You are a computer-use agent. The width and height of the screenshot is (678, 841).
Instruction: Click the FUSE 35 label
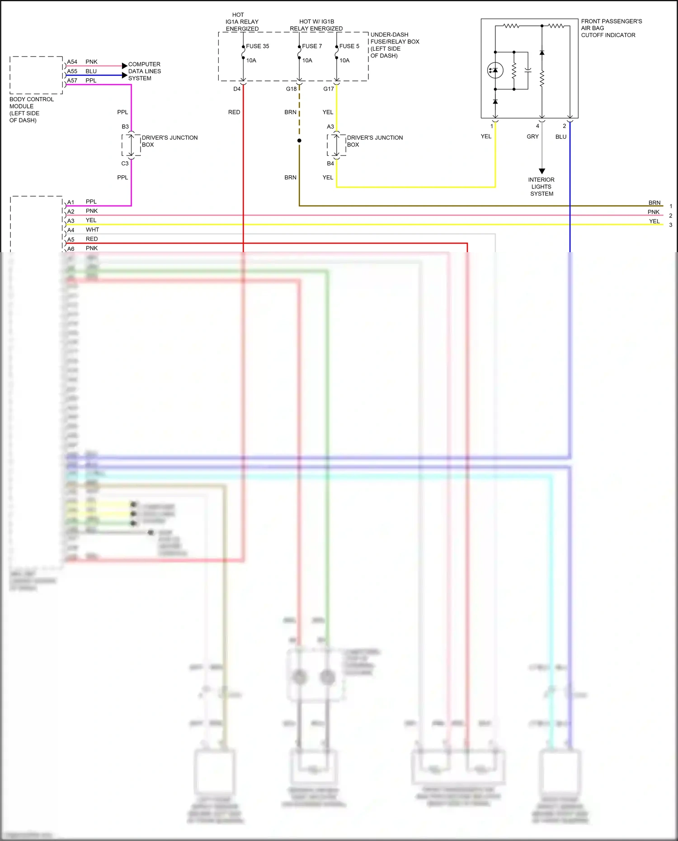point(257,46)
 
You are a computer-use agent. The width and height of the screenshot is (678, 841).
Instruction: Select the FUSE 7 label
point(312,46)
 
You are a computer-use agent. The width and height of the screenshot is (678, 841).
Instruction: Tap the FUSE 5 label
point(349,46)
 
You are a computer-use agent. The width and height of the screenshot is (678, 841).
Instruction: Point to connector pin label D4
point(237,89)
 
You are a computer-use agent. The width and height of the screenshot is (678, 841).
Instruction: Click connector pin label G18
point(291,89)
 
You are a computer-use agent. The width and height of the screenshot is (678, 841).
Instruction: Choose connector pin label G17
point(329,89)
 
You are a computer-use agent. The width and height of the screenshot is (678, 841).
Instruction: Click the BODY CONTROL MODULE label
point(31,109)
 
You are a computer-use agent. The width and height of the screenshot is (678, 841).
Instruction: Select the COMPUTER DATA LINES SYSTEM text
point(144,71)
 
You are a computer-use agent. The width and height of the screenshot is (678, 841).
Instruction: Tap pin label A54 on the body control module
point(72,62)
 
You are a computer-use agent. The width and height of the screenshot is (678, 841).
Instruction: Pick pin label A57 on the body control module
point(72,81)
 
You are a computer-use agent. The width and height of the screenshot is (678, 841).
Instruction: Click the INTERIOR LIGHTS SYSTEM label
point(541,187)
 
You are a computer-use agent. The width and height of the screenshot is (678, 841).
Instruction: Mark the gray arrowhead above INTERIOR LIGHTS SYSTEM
point(542,171)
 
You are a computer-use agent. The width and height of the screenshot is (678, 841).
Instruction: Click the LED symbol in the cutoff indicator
point(495,70)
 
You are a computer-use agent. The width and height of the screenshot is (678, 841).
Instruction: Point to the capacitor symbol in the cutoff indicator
point(528,70)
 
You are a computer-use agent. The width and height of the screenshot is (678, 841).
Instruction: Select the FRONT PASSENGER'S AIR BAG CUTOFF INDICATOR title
point(611,28)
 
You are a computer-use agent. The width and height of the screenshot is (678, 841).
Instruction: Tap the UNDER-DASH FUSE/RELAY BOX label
point(395,45)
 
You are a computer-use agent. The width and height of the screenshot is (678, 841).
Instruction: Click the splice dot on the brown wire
point(299,141)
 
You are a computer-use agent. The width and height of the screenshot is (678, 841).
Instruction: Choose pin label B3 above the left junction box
point(125,127)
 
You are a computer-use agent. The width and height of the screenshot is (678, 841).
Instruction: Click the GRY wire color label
point(532,136)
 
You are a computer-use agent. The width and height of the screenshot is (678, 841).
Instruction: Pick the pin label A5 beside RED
point(71,240)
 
